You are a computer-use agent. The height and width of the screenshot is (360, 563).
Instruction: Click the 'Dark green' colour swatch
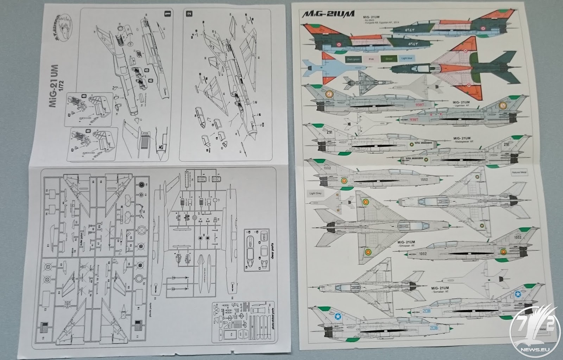pos(354,59)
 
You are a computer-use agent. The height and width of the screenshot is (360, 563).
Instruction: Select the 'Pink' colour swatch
pos(371,59)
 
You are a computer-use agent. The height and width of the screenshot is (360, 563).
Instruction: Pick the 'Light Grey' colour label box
pos(315,194)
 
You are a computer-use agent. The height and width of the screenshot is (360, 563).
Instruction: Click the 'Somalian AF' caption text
pos(442,292)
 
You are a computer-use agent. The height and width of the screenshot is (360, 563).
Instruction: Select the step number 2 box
pos(190,14)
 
